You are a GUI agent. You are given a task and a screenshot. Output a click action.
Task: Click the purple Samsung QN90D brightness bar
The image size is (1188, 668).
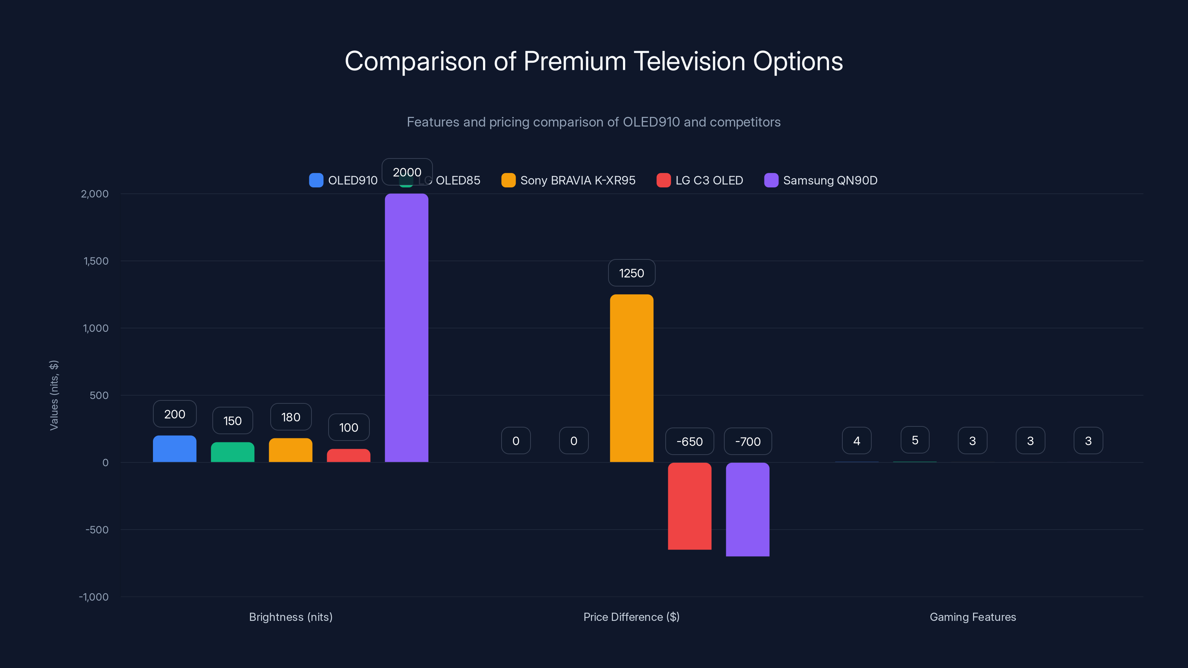coord(406,327)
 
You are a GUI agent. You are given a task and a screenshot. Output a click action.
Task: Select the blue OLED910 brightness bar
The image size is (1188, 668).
coord(174,449)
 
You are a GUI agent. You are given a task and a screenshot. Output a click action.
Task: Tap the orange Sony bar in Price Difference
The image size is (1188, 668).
coord(631,378)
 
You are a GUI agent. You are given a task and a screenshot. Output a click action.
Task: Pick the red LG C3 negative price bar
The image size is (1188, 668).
coord(689,506)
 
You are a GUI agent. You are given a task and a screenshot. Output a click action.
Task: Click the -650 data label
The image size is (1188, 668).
coord(689,441)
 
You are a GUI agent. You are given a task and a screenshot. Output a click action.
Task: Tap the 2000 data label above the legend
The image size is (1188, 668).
coord(407,172)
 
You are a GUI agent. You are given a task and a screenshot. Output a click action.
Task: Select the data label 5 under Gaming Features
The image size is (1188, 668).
coord(914,440)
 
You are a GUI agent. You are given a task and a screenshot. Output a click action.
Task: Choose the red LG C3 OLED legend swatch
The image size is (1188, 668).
coord(663,180)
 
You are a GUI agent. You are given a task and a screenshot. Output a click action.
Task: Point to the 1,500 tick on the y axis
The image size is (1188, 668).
coord(96,261)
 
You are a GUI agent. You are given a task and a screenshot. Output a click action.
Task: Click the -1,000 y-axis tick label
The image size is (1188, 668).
coord(94,596)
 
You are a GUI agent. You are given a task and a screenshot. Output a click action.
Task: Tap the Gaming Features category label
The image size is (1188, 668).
coord(973,617)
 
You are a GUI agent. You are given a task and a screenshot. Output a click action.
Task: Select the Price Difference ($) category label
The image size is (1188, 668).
coord(631,617)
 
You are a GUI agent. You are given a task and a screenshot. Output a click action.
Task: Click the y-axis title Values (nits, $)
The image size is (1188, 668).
coord(54,395)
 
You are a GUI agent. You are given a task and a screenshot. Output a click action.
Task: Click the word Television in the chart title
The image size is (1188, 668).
coord(689,61)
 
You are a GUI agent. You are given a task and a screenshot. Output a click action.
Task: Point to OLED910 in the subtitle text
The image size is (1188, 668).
coord(651,122)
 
